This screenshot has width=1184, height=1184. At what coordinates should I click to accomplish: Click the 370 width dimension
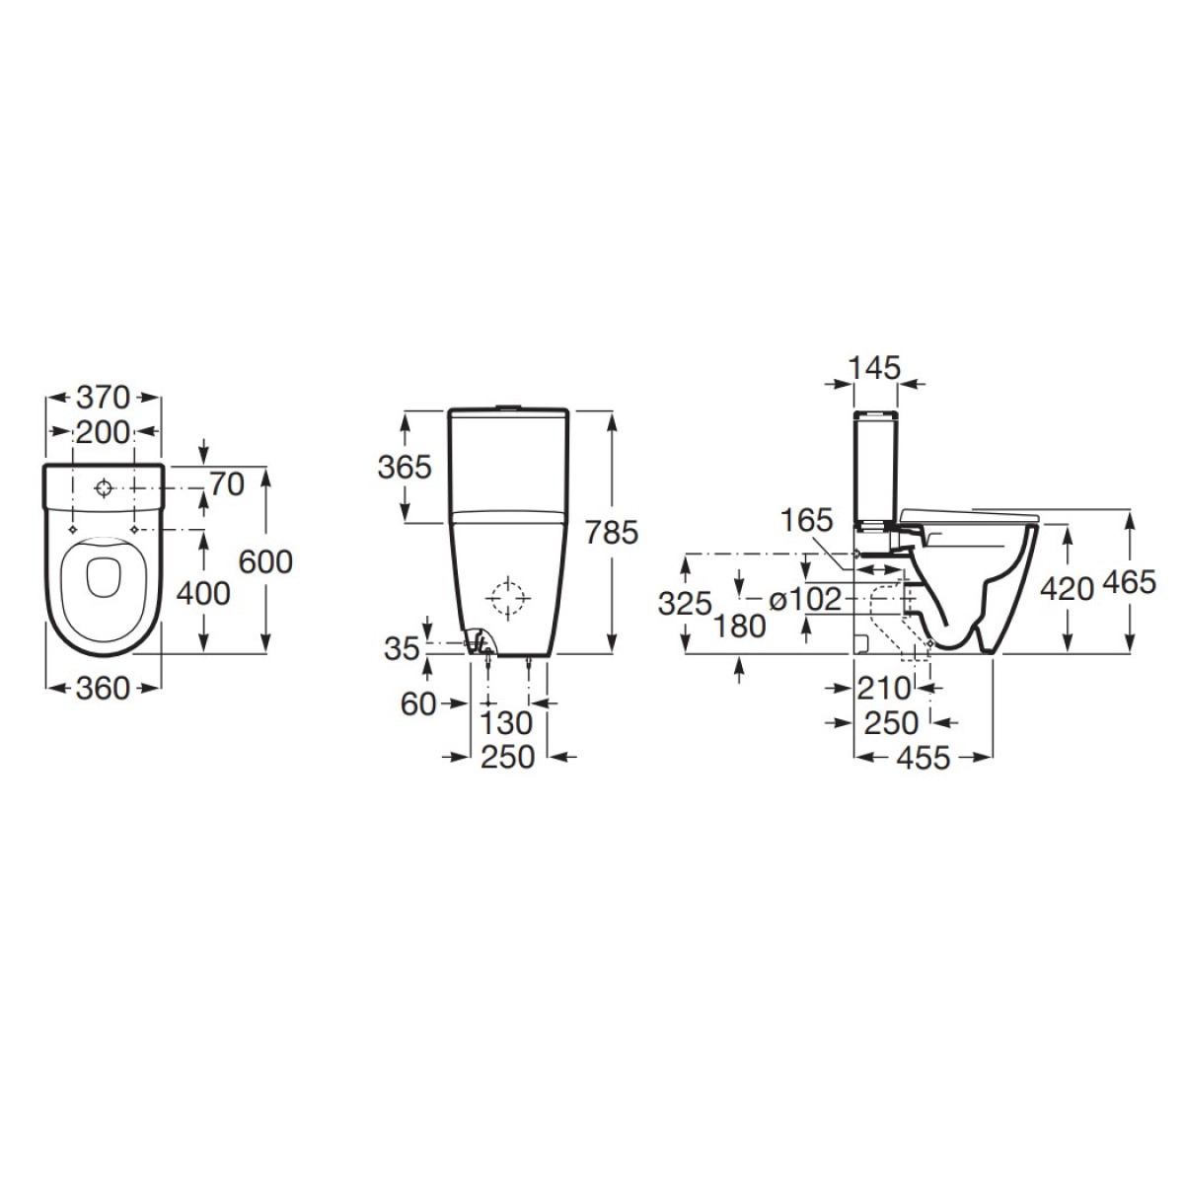(104, 398)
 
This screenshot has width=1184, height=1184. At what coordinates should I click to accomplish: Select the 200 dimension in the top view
(103, 432)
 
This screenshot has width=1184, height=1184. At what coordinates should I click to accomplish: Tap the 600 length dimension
(265, 561)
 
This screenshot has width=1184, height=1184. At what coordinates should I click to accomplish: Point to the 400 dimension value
(203, 594)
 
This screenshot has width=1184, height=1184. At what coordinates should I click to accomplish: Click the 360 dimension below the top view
(104, 688)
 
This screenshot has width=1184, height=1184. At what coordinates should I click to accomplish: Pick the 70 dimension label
(227, 484)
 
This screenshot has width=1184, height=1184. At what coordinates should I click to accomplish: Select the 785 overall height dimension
(612, 532)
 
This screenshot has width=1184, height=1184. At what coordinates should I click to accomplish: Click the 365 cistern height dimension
(405, 467)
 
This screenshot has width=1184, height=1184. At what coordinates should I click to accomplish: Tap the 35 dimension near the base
(402, 648)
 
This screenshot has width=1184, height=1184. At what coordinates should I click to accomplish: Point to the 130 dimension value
(506, 723)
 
